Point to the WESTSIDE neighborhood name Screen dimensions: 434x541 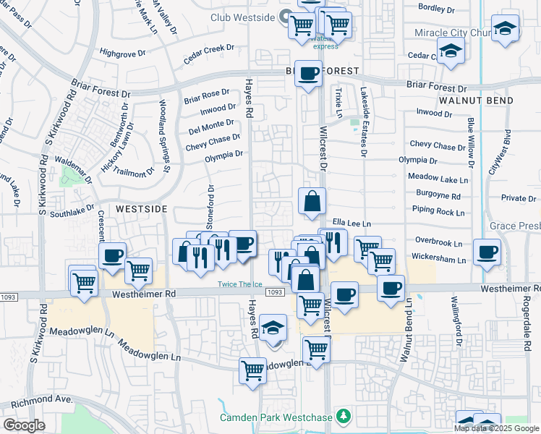tap(142, 208)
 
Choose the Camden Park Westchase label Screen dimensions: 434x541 tap(276, 417)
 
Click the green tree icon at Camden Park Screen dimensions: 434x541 tap(344, 417)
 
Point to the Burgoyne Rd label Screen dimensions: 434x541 tap(438, 195)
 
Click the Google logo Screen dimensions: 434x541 tap(24, 425)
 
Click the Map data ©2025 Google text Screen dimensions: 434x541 tap(495, 428)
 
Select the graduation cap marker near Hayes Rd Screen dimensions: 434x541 tap(273, 331)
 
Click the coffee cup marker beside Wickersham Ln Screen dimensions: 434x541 tap(487, 252)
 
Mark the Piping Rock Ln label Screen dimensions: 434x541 tap(439, 212)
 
